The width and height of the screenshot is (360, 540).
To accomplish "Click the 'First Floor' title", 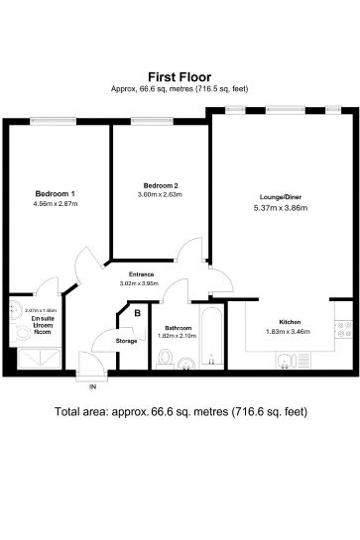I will pos(180,75).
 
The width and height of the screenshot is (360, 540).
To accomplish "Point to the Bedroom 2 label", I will pos(159,185).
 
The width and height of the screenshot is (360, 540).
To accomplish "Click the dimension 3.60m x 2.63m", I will pos(159,194).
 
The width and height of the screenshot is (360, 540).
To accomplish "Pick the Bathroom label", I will pos(179,327).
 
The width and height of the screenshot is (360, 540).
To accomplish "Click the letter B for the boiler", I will pos(138,315).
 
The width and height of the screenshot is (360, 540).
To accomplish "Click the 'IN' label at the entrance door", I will pos(93,384).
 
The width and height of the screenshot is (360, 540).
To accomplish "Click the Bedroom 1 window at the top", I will pos(54,120).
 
